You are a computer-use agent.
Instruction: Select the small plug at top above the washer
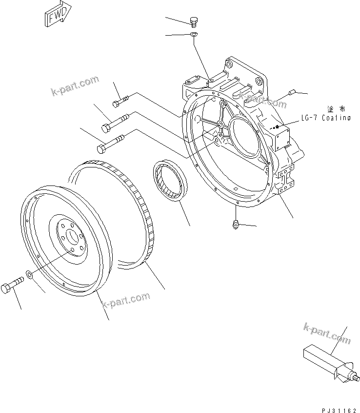pyautogui.click(x=193, y=21)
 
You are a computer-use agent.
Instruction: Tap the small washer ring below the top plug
pyautogui.click(x=193, y=34)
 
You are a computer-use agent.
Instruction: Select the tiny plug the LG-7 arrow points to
pyautogui.click(x=277, y=128)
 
